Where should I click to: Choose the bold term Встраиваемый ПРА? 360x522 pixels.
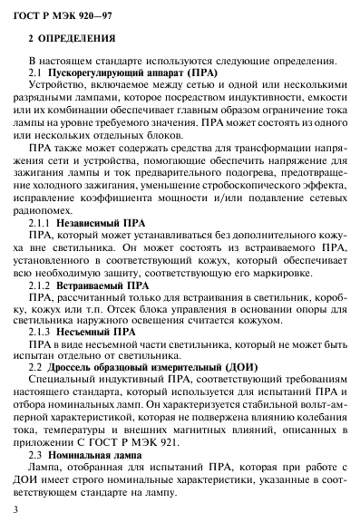coord(105,283)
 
